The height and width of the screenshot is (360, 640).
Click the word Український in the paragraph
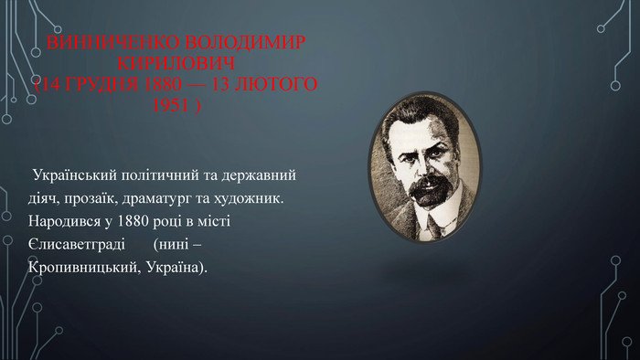click(x=71, y=175)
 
